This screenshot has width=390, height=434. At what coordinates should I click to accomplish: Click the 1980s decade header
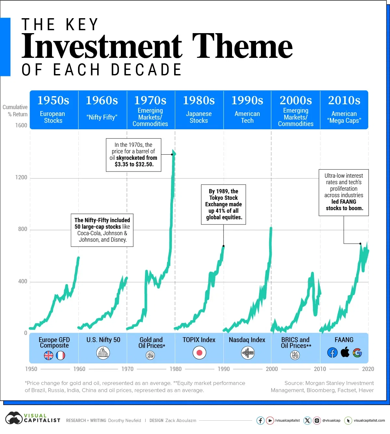point(199,100)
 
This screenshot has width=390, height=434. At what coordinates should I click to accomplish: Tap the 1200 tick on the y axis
point(21,178)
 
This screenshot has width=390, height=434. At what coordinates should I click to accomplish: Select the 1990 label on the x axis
point(224,369)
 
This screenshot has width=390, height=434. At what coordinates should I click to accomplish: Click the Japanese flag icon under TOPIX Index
point(199,353)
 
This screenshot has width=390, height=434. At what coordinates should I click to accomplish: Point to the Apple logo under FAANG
point(345,352)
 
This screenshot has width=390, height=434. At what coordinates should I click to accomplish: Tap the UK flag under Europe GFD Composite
point(48,356)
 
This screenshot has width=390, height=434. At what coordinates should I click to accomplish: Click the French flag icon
point(60,356)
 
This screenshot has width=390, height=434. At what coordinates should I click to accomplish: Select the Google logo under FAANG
point(357,353)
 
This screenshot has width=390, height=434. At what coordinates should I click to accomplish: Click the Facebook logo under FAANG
point(332,353)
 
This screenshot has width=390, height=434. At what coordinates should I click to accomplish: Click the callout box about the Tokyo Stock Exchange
point(224,204)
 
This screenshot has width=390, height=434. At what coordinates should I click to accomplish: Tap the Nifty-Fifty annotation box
point(102,230)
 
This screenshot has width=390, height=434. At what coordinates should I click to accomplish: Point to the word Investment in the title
point(102,46)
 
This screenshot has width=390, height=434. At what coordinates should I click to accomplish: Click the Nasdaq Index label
point(247,340)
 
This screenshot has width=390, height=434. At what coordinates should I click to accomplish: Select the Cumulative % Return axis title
point(15,111)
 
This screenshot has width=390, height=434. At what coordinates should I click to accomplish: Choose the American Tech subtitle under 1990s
point(247,117)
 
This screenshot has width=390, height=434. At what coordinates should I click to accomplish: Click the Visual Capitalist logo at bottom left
point(32,418)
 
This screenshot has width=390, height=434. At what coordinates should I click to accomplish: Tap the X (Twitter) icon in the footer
point(307,421)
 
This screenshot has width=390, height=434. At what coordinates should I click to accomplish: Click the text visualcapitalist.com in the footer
point(369,421)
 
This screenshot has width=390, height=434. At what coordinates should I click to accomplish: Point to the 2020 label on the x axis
point(368,369)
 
